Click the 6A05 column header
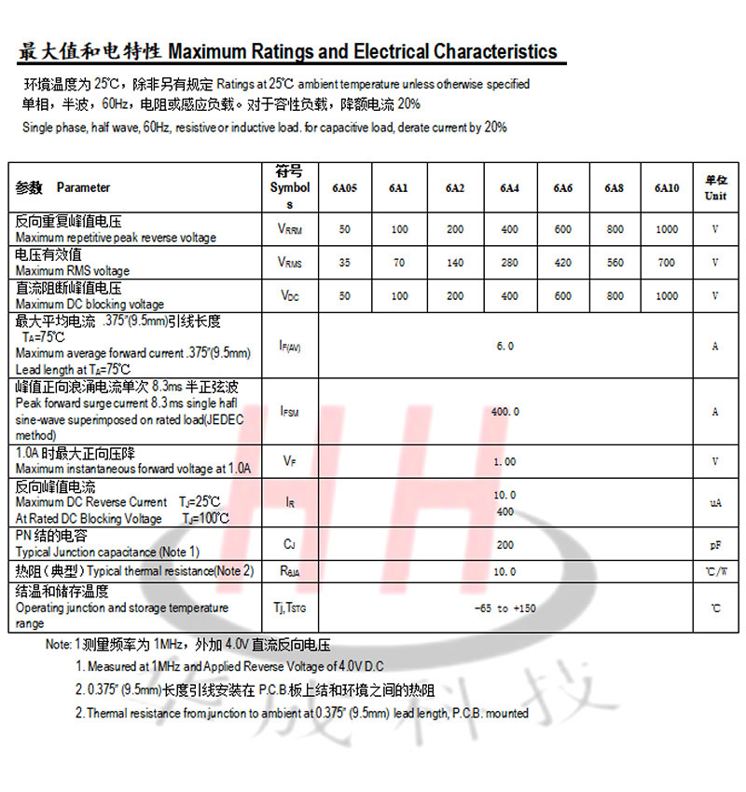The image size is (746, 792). pos(344,188)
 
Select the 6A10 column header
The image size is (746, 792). pos(667,188)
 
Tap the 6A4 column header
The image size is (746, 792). pos(509,188)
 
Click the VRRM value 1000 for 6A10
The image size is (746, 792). pos(667,229)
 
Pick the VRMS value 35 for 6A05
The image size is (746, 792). pos(344,263)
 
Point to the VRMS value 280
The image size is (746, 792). pos(509,263)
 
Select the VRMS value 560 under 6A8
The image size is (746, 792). pos(615,263)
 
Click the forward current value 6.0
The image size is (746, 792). pos(504,346)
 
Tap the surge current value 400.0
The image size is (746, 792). pos(504,411)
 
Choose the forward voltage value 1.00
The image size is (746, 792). pos(504,461)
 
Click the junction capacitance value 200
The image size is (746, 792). pos(504,544)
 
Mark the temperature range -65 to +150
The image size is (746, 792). pos(504,608)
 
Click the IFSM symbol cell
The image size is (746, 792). pos(290,411)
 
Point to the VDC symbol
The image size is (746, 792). pos(290,296)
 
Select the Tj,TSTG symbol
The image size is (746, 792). pos(290,608)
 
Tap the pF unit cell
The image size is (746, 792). pos(715,544)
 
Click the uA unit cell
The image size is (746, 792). pos(715,502)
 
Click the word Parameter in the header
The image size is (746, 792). pos(83,187)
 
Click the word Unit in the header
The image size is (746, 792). pos(715,196)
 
